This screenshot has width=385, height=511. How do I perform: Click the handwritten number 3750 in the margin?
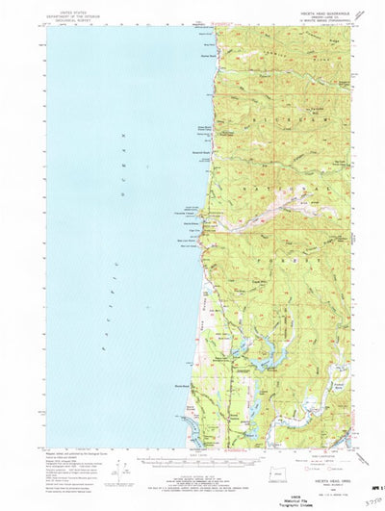(x=364, y=489)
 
